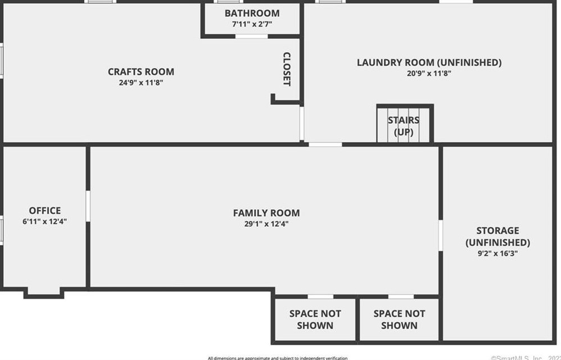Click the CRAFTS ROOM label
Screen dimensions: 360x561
[141, 71]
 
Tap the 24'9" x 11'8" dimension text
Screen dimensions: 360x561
[141, 83]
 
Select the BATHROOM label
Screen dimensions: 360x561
[252, 13]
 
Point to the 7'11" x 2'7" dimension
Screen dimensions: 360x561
[252, 24]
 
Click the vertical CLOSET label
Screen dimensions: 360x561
[287, 69]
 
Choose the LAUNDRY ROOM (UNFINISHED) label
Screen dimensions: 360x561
[429, 62]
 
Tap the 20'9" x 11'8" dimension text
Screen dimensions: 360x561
[429, 73]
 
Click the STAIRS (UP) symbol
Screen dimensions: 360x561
[404, 125]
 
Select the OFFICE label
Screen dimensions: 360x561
[45, 211]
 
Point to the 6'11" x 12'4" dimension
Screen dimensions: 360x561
[45, 222]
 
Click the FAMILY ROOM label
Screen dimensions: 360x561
[266, 213]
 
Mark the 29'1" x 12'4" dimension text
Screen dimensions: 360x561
[266, 224]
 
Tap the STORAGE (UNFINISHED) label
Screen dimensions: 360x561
[497, 236]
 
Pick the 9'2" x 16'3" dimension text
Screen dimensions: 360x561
[497, 253]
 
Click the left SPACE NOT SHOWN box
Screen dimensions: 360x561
[315, 319]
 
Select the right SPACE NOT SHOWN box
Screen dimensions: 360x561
[399, 319]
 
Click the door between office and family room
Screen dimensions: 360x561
[88, 205]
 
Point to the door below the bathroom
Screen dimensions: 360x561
[251, 37]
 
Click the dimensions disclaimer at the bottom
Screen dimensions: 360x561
[277, 358]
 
